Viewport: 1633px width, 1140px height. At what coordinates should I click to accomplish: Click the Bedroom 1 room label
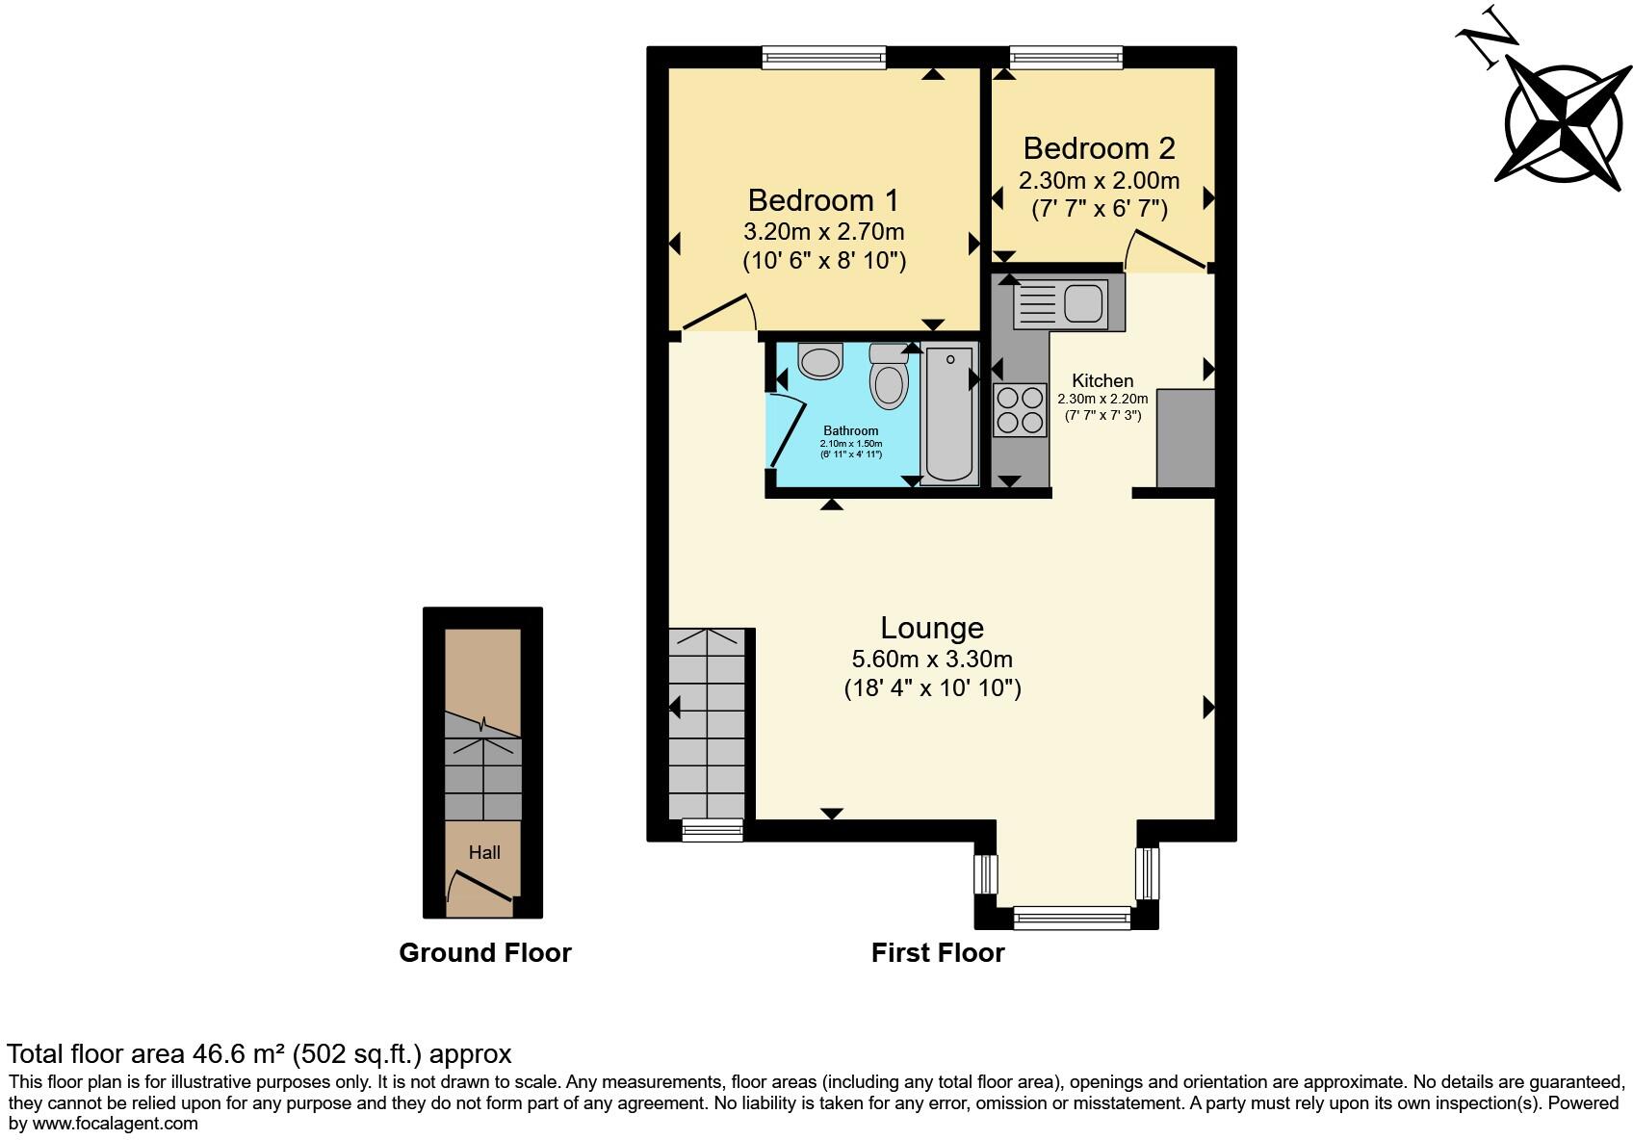[x=822, y=200]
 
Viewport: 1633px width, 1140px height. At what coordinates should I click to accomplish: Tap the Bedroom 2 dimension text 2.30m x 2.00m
[x=1099, y=181]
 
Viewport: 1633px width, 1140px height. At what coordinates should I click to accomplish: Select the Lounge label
[x=931, y=628]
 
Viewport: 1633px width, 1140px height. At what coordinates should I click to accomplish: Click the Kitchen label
[x=1102, y=380]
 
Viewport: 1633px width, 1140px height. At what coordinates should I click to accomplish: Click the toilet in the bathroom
[x=888, y=376]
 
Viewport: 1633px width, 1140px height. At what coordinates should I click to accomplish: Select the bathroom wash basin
[x=820, y=363]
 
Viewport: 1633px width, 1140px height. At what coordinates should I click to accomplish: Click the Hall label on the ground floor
[x=484, y=852]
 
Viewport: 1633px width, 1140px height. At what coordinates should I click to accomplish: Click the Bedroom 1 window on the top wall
[x=823, y=58]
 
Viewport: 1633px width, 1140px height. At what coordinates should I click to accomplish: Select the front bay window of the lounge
[x=1071, y=918]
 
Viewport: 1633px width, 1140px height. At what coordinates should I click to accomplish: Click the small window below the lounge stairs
[x=713, y=830]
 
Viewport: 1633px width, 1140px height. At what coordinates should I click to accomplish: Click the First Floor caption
[x=937, y=952]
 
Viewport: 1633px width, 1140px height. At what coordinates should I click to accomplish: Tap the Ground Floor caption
[x=484, y=952]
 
